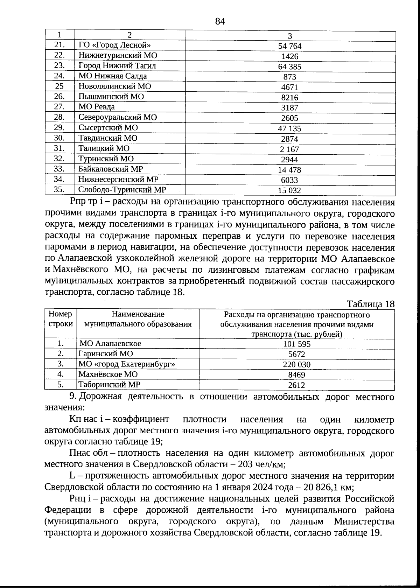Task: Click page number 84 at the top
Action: pos(220,22)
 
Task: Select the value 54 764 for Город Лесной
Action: pos(289,46)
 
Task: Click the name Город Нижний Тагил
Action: pos(117,66)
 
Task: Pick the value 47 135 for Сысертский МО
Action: pos(289,128)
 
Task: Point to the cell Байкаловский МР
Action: pos(111,169)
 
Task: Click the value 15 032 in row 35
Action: pos(289,191)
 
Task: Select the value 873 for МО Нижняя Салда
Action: pos(289,77)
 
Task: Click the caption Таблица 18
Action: pos(370,304)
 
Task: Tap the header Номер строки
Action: pos(61,319)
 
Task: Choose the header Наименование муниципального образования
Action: pos(138,319)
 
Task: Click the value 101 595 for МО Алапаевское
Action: pos(296,344)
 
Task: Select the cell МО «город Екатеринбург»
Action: pos(127,364)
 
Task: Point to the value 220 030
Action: pos(296,365)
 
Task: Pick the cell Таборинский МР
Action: pos(109,385)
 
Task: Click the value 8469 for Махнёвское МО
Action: pos(296,375)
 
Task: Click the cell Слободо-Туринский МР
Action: pos(122,190)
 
